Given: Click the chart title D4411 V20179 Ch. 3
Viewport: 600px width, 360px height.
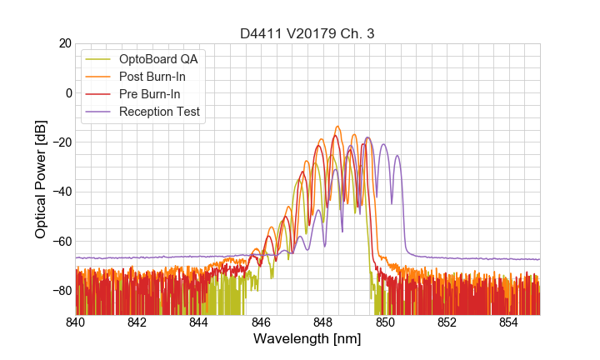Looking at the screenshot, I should tap(307, 33).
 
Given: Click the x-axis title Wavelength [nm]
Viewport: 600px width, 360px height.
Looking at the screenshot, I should tap(307, 339).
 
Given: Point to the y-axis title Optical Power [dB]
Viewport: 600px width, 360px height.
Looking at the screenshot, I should tap(41, 179).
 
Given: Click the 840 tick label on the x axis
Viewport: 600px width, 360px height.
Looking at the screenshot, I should tap(76, 322).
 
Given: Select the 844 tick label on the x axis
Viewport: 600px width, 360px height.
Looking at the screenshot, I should tap(199, 322).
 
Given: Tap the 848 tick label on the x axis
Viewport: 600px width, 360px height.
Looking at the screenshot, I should tap(323, 322).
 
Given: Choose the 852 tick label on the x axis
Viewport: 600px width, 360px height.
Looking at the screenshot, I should tap(447, 322).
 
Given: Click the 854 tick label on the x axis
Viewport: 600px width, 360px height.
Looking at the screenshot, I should tap(508, 322).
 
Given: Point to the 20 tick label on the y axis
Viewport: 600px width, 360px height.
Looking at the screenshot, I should tap(64, 43).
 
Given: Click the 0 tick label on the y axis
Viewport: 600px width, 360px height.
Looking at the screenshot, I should tap(67, 92).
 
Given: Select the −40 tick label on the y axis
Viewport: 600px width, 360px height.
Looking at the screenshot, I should tap(61, 192).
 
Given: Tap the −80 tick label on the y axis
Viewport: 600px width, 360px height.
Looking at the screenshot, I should tap(61, 291).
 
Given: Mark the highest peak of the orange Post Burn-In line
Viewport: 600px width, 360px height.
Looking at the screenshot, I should tap(337, 127).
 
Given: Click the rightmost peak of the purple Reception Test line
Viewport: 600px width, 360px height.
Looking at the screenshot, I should tap(397, 155).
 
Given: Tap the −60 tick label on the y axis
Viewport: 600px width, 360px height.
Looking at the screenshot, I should tap(61, 242).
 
